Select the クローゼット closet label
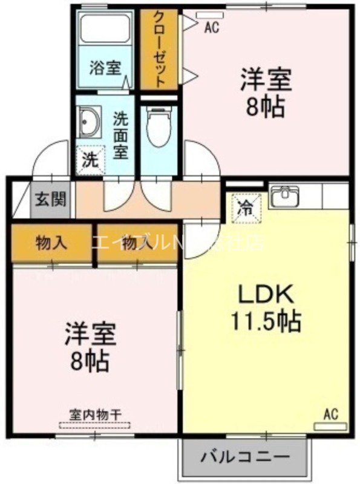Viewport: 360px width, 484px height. [x=159, y=49]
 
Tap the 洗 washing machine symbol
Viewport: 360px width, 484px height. [x=89, y=161]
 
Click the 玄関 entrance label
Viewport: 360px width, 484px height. [x=51, y=198]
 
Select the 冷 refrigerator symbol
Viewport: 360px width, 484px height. [x=246, y=207]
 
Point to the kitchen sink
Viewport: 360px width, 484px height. [x=284, y=197]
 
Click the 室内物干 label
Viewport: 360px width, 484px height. [x=95, y=414]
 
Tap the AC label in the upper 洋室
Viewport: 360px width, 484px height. [x=211, y=27]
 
